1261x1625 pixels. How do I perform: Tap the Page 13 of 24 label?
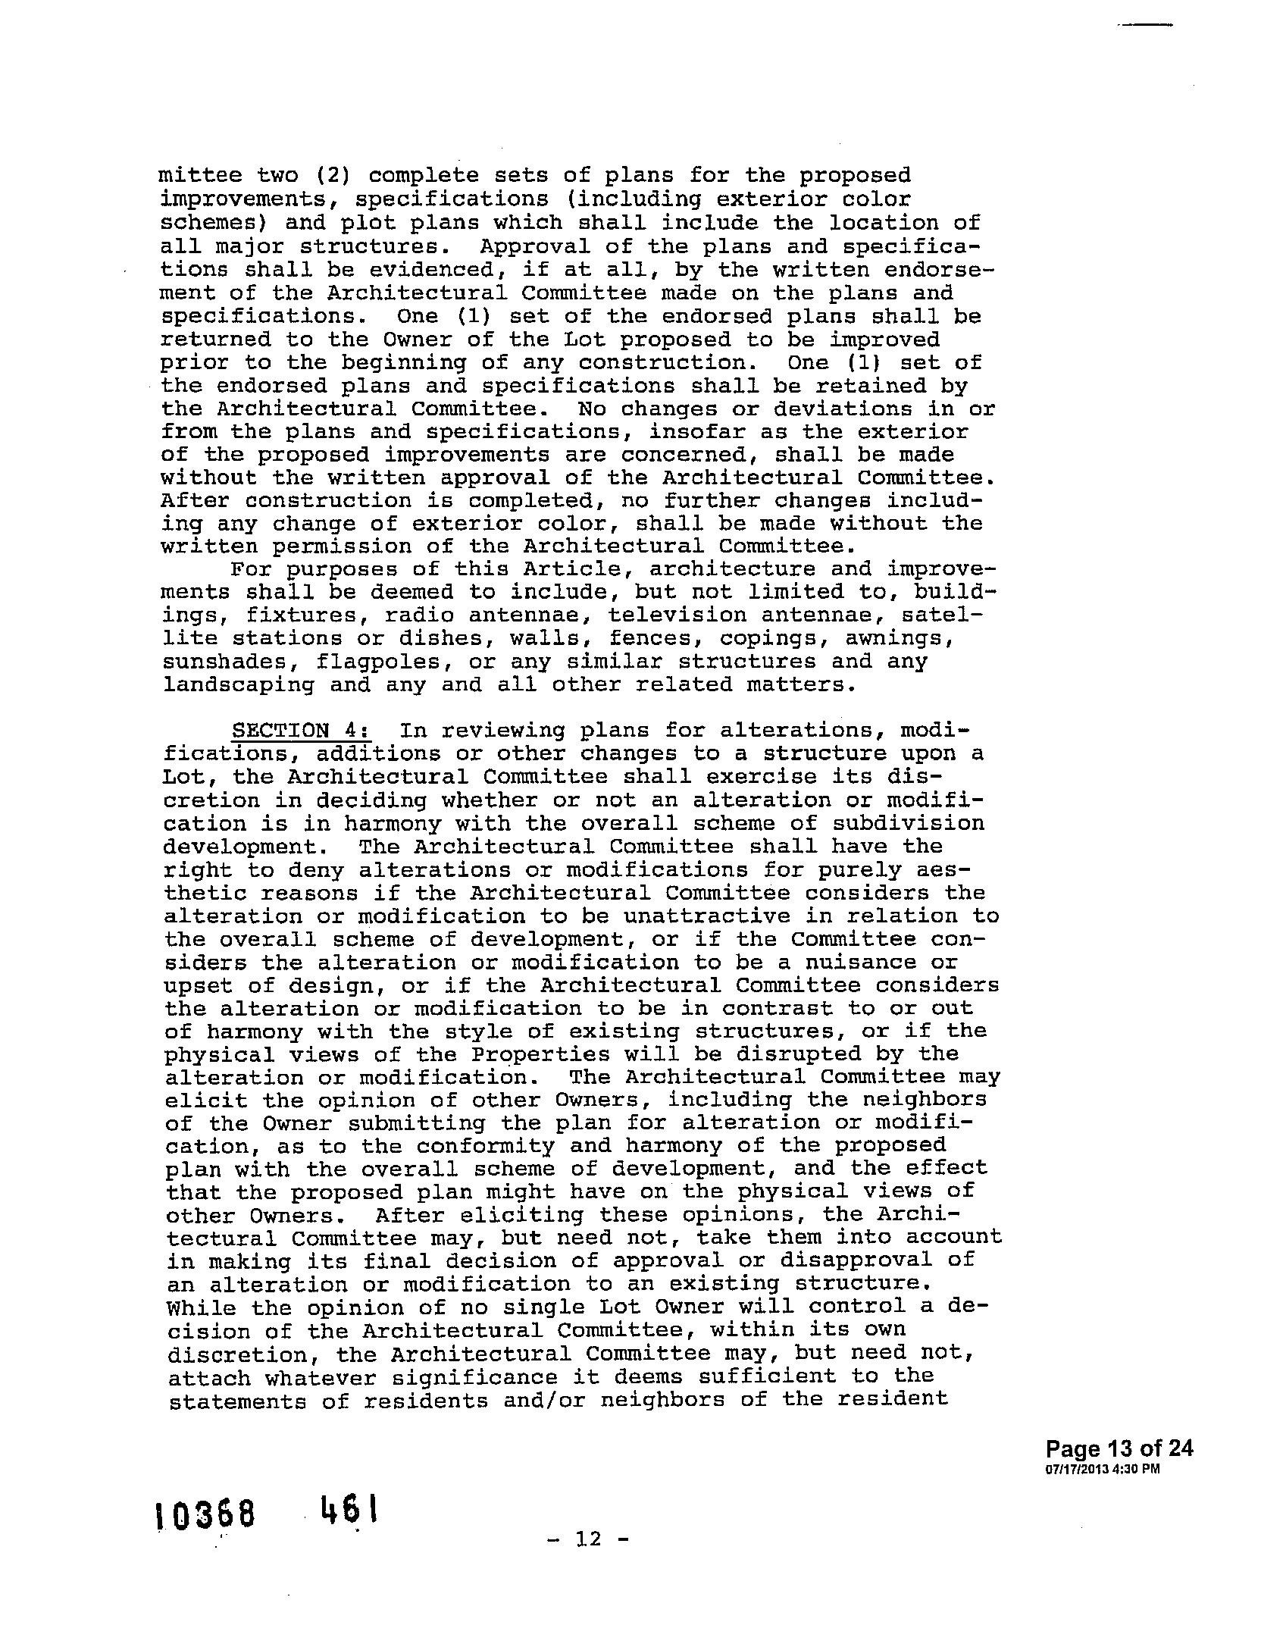1119,1449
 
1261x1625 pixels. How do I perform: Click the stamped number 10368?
205,1516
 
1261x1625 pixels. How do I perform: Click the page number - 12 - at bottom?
588,1539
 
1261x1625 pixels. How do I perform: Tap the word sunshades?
224,662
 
